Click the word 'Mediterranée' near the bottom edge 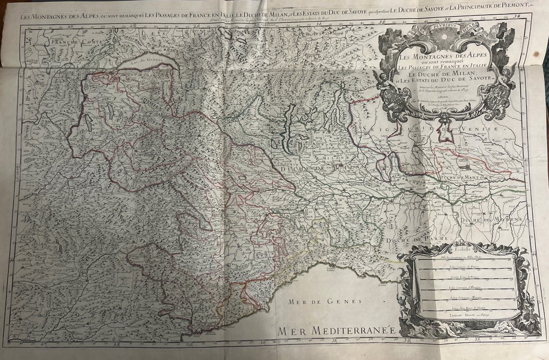tap(351, 329)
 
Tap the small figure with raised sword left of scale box tap(402, 295)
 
